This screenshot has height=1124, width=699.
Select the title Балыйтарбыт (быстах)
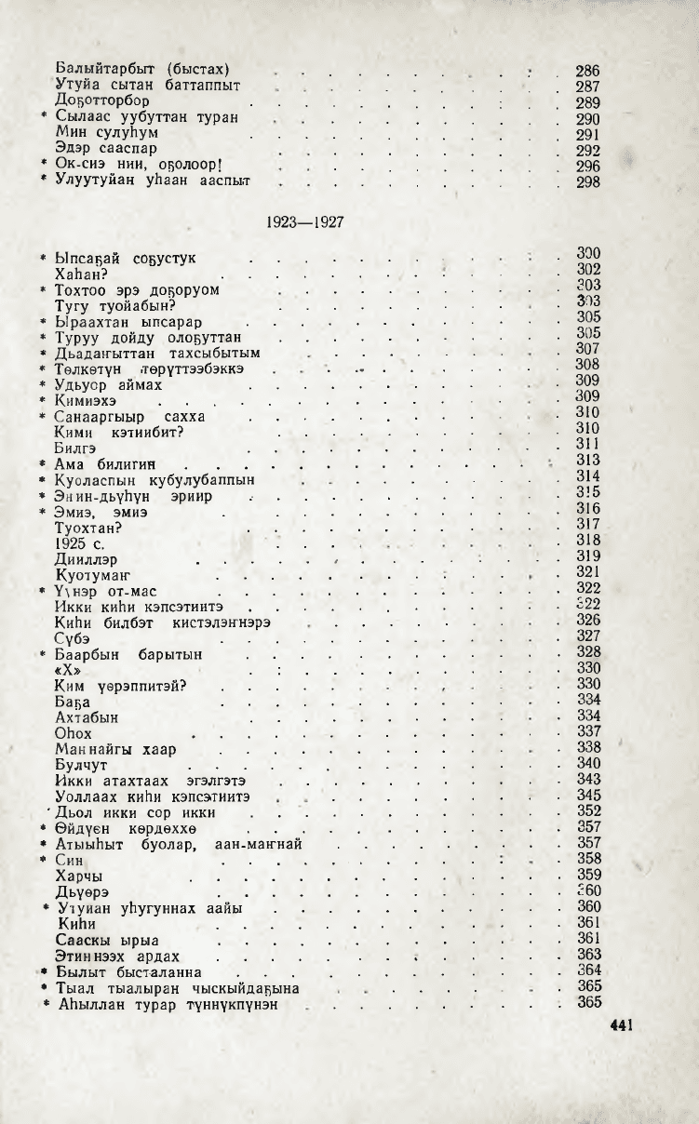[x=141, y=70]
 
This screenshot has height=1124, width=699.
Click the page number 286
[x=588, y=71]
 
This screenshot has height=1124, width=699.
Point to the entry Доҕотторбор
[x=102, y=102]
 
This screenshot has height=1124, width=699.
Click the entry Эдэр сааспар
[x=106, y=149]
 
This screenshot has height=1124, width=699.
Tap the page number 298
[x=588, y=182]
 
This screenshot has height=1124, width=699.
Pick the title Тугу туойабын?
[x=115, y=304]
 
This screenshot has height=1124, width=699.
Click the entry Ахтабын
[x=87, y=718]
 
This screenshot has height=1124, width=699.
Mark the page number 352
[x=588, y=810]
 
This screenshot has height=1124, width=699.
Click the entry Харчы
[x=78, y=876]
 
